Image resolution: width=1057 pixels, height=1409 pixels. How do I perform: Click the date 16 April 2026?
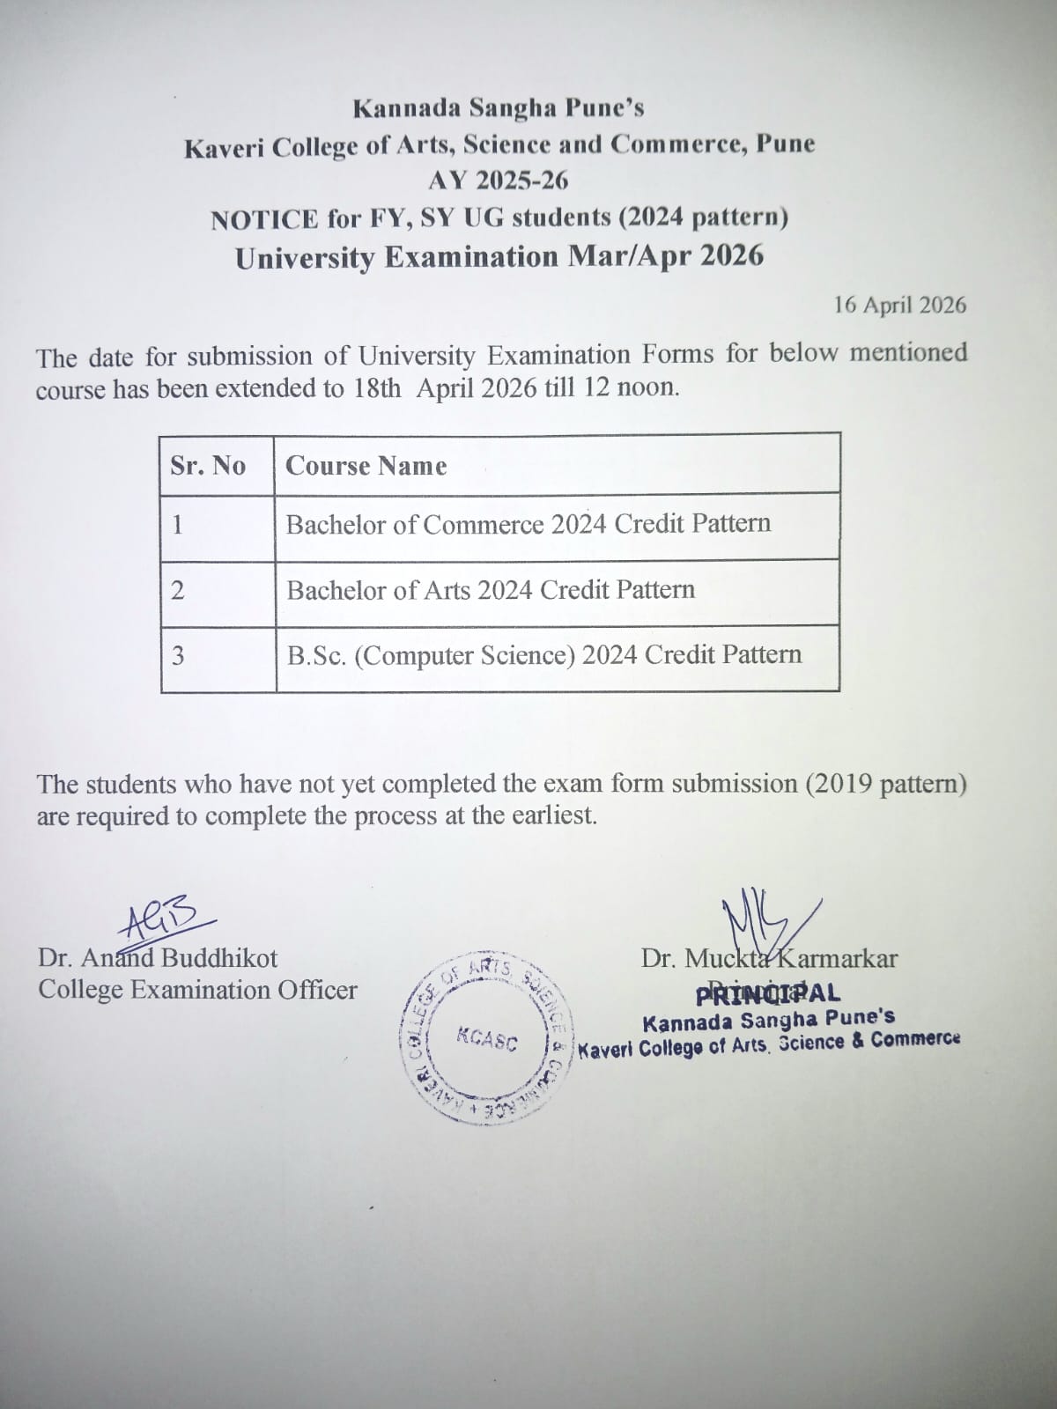click(899, 306)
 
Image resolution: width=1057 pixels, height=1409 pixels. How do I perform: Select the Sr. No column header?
click(208, 465)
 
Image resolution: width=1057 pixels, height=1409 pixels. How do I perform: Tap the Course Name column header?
click(366, 466)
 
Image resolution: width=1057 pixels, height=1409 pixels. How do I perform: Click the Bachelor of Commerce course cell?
click(528, 524)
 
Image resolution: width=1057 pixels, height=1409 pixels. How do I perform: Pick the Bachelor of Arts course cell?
click(490, 589)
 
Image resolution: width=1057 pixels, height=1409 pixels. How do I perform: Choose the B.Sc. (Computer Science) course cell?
click(543, 655)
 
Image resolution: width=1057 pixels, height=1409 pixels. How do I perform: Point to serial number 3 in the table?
click(178, 656)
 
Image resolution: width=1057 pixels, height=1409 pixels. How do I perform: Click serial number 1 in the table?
click(177, 525)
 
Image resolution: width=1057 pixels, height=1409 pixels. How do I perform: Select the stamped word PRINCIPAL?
click(767, 993)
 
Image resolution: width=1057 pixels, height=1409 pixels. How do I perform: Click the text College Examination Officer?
click(197, 990)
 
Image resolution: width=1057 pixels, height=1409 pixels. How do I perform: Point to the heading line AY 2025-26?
click(499, 181)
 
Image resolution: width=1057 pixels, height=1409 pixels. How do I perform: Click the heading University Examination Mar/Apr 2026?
click(499, 257)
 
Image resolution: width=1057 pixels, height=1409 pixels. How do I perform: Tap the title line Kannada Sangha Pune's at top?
click(499, 108)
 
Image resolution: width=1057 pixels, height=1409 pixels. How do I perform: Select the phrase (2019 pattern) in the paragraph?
click(885, 783)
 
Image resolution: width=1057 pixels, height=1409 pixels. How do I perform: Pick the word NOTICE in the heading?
click(264, 218)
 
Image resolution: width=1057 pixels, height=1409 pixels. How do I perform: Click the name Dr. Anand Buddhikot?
click(158, 957)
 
